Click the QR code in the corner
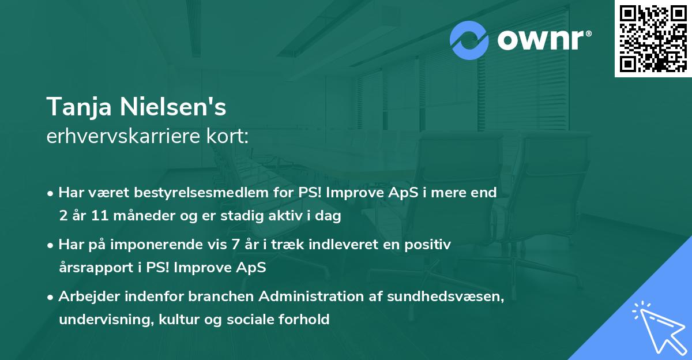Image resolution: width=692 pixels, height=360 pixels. point(653,39)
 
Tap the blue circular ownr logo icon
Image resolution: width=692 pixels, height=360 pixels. point(469,40)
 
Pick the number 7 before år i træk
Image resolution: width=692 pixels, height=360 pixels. point(235,245)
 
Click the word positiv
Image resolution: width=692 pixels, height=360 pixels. point(428,245)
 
